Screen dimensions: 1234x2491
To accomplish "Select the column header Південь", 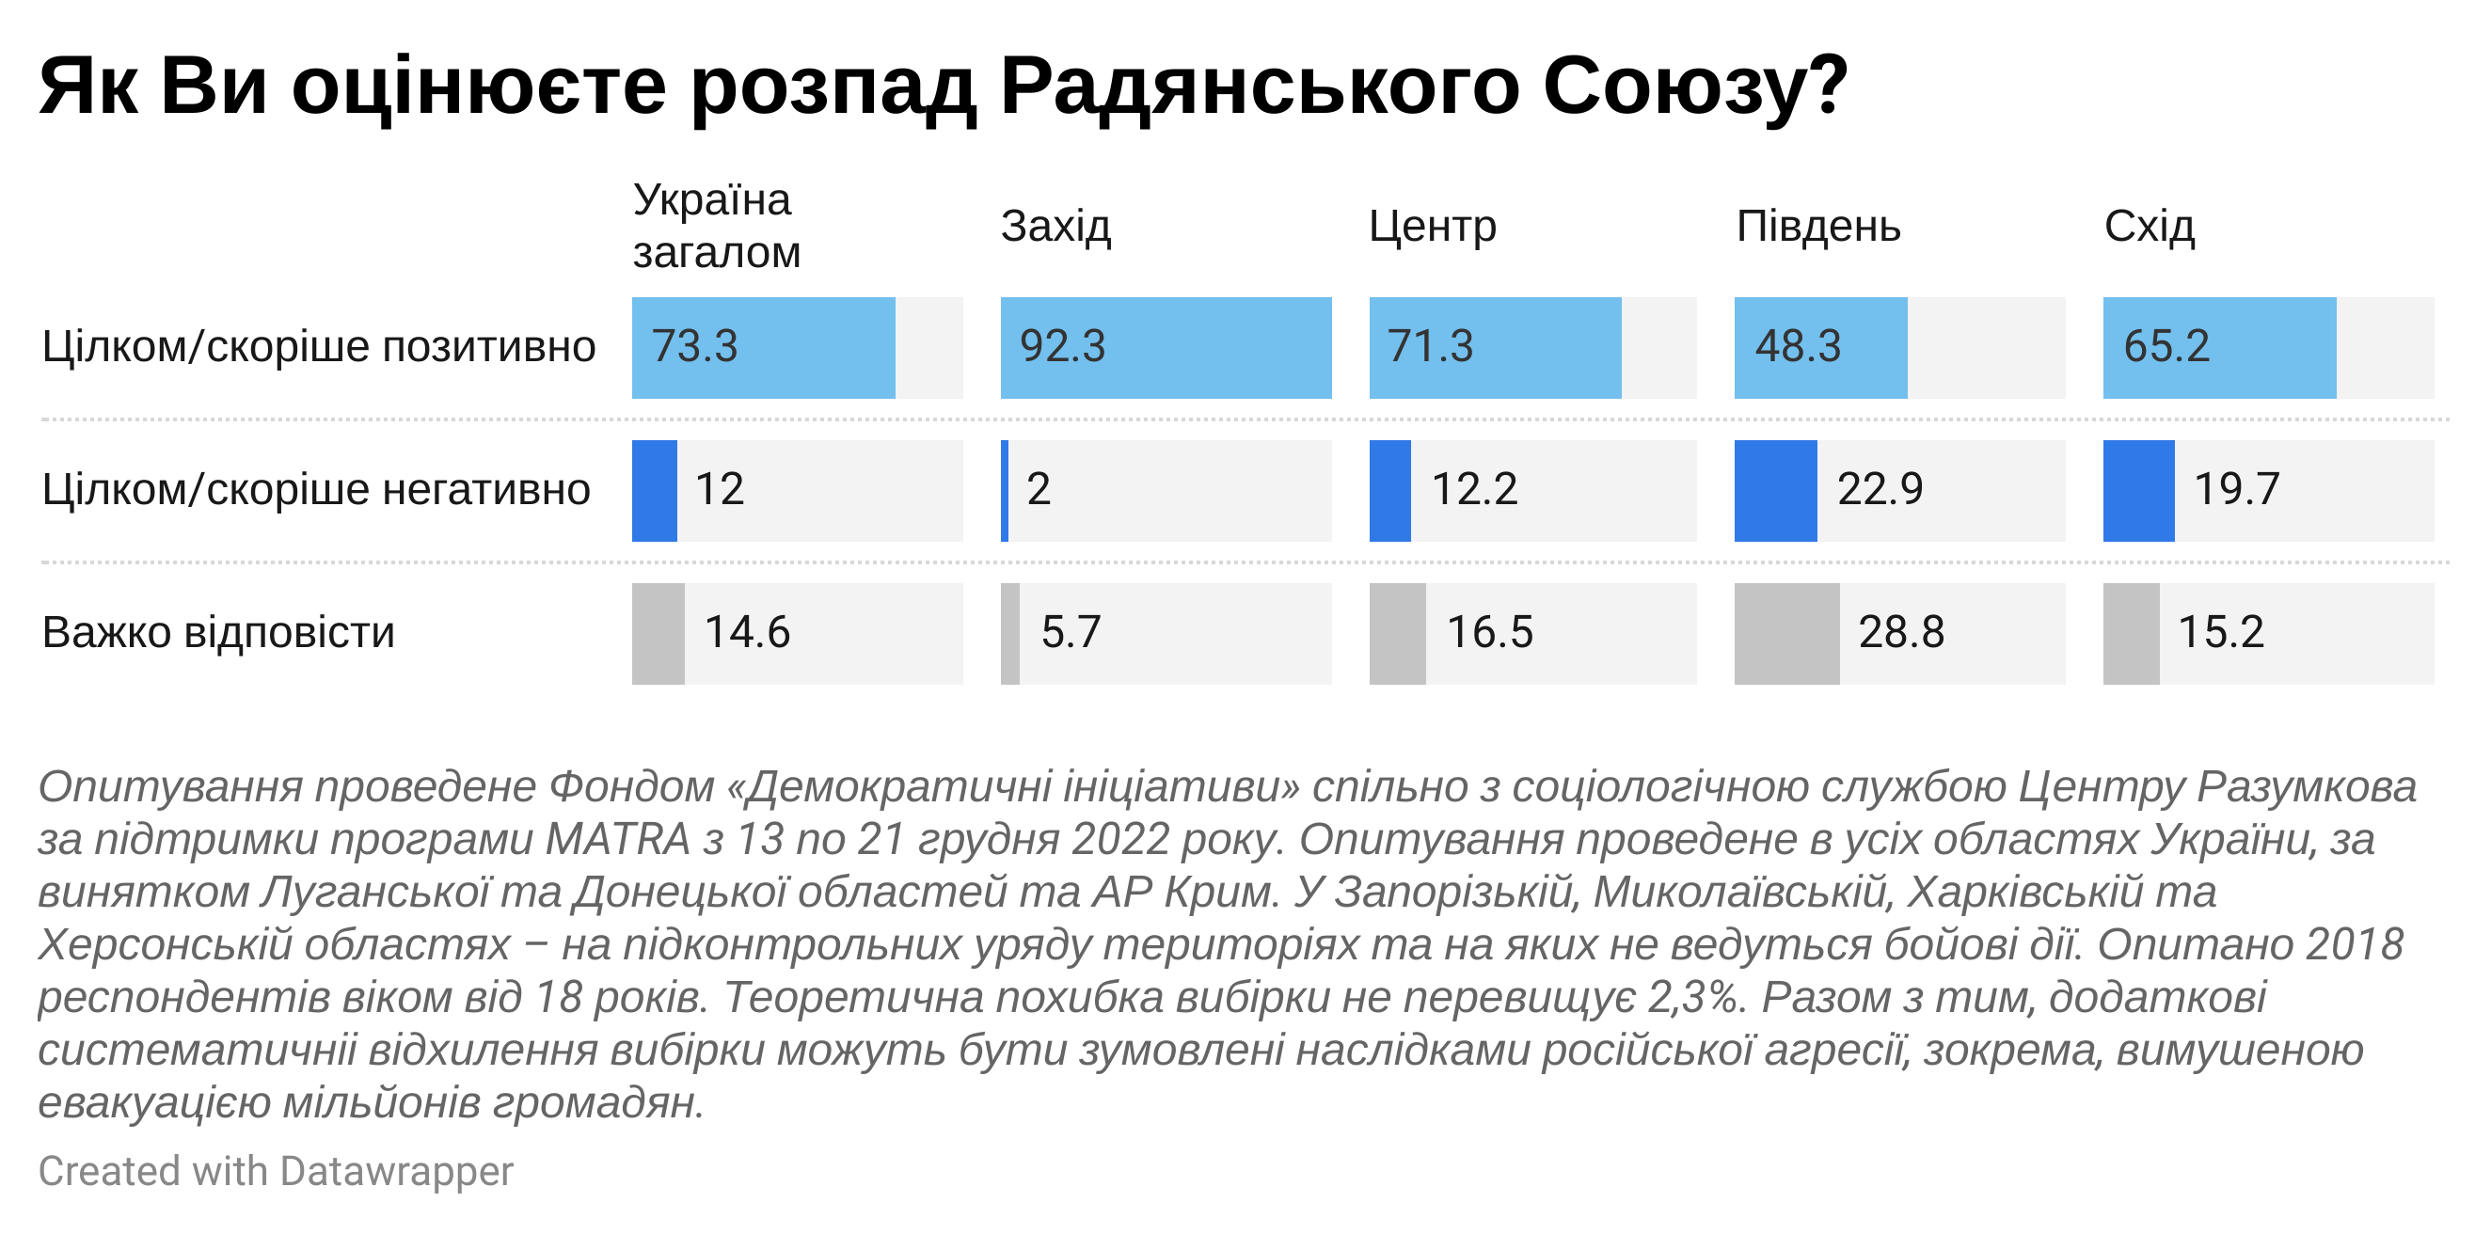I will [x=1818, y=228].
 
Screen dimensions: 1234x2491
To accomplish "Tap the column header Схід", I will [x=2149, y=228].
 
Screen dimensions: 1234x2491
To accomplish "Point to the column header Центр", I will [x=1432, y=228].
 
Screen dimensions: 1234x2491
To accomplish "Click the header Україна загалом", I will [x=716, y=227].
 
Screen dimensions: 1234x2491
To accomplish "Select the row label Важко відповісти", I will [x=218, y=633].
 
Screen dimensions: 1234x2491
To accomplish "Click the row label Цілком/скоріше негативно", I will [x=316, y=490].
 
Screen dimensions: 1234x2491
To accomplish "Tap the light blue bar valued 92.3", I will [x=1166, y=347].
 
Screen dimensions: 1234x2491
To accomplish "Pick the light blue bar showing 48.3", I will [x=1820, y=347].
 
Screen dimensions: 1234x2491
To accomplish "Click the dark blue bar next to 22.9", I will [x=1774, y=490].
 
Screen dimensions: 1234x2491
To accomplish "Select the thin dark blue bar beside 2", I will [x=1005, y=490].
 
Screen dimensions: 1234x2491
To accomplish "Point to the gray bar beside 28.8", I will [x=1786, y=633].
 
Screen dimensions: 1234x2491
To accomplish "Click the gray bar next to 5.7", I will [x=1009, y=633].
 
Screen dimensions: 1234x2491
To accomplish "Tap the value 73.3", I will [x=694, y=347].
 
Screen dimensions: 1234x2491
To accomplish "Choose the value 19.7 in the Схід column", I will [x=2236, y=490].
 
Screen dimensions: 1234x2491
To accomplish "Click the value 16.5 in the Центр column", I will [x=1489, y=633].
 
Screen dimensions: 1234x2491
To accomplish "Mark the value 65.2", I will [x=2166, y=347].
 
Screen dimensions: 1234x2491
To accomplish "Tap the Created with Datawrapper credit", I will [x=276, y=1171].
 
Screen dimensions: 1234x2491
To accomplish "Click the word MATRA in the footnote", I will [x=617, y=839].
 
